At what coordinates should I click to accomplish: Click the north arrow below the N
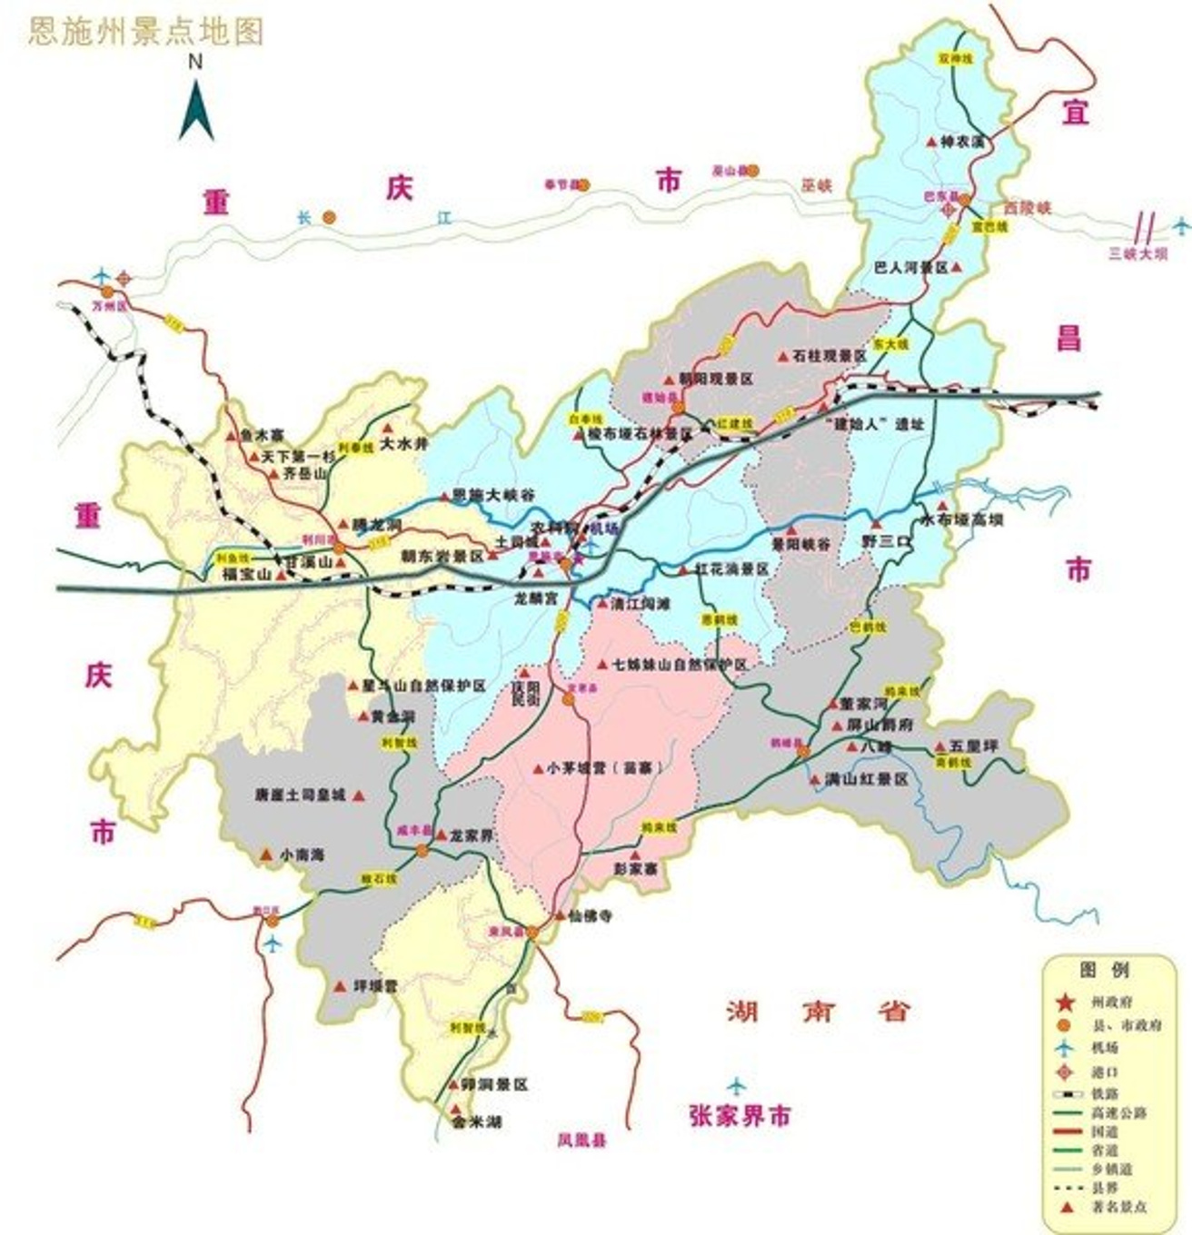click(x=195, y=111)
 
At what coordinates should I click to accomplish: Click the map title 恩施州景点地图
click(x=146, y=32)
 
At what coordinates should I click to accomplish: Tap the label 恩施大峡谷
click(x=493, y=496)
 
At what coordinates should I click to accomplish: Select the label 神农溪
click(x=962, y=142)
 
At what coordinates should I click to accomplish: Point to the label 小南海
click(x=303, y=855)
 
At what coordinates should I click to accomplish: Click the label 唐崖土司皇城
click(x=301, y=795)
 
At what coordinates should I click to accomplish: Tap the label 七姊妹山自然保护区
click(x=680, y=665)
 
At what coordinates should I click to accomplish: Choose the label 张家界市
click(x=740, y=1116)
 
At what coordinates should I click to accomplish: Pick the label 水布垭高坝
click(x=962, y=520)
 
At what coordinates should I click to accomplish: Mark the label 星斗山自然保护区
click(x=424, y=686)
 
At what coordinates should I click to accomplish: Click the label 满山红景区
click(x=866, y=779)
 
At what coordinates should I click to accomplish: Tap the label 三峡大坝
click(x=1137, y=254)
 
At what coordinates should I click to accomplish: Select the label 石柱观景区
click(x=829, y=356)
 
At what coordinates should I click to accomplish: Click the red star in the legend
click(x=1068, y=1003)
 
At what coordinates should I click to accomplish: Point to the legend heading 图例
click(x=1105, y=970)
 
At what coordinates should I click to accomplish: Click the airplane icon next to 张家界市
click(x=736, y=1085)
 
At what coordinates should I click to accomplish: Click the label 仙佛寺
click(x=590, y=916)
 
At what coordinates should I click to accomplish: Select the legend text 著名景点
click(x=1118, y=1207)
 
